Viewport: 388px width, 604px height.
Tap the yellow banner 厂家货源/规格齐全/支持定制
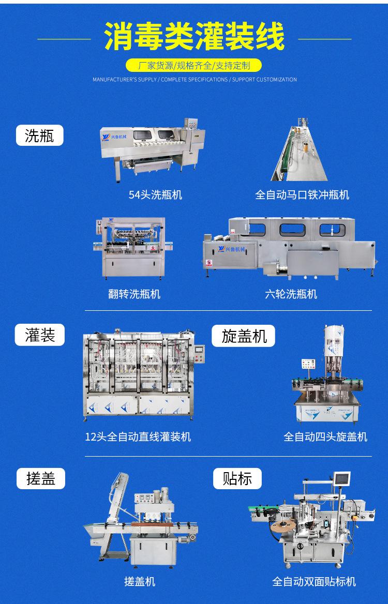pyautogui.click(x=195, y=66)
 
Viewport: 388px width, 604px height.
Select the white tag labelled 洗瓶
pyautogui.click(x=39, y=135)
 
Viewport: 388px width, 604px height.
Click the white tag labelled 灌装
pyautogui.click(x=39, y=335)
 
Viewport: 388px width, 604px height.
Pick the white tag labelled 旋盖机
pyautogui.click(x=244, y=336)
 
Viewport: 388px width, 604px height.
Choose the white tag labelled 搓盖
pyautogui.click(x=41, y=478)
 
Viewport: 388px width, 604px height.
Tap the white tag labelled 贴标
pyautogui.click(x=237, y=478)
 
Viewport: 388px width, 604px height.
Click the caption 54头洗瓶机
pyautogui.click(x=155, y=195)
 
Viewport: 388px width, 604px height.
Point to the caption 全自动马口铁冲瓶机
pyautogui.click(x=302, y=195)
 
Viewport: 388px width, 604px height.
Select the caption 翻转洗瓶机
pyautogui.click(x=135, y=294)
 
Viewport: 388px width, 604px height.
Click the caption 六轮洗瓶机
pyautogui.click(x=291, y=294)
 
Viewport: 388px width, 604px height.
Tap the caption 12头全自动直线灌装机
pyautogui.click(x=138, y=437)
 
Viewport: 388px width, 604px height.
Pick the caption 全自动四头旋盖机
pyautogui.click(x=325, y=437)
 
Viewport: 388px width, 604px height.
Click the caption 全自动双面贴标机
pyautogui.click(x=314, y=582)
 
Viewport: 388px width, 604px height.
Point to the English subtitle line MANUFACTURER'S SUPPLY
pyautogui.click(x=195, y=80)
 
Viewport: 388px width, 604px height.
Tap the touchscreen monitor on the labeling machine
pyautogui.click(x=341, y=480)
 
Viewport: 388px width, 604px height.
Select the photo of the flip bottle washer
pyautogui.click(x=134, y=248)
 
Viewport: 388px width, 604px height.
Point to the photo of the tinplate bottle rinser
pyautogui.click(x=302, y=150)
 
